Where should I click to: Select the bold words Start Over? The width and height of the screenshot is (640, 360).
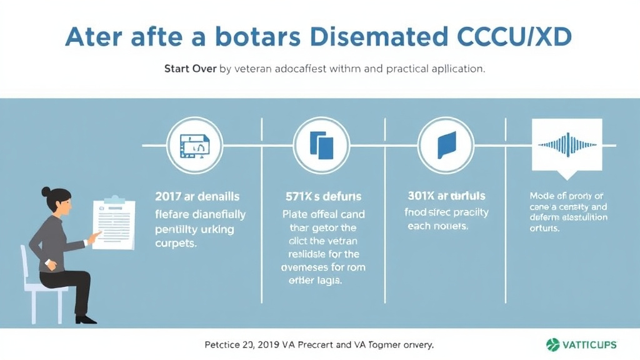tap(191, 69)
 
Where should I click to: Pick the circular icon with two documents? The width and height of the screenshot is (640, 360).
tap(321, 145)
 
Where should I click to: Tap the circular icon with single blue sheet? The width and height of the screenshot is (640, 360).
tap(446, 145)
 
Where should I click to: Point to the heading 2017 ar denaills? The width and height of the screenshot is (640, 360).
tap(197, 197)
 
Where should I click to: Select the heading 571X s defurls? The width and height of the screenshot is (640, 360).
tap(323, 197)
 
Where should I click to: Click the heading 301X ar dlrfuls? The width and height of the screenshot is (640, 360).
tap(446, 196)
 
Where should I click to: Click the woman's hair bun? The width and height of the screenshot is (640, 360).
tap(46, 191)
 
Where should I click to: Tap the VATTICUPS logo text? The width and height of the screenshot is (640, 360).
tap(590, 344)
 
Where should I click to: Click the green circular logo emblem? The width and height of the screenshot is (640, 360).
tap(552, 344)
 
